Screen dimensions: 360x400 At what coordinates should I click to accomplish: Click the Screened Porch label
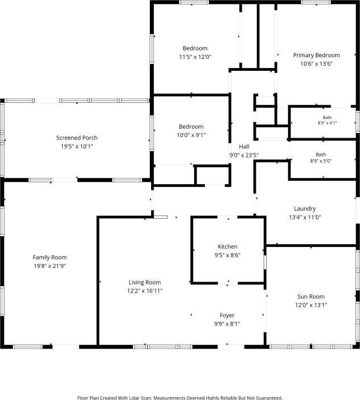(76, 138)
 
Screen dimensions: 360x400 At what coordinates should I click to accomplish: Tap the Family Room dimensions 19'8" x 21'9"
(50, 266)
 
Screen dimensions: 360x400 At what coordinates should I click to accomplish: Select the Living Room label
(145, 282)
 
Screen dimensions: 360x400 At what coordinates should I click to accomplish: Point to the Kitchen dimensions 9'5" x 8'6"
(228, 256)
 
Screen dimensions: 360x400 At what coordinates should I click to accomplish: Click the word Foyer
(227, 316)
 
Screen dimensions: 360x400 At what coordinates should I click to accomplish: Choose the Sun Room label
(311, 297)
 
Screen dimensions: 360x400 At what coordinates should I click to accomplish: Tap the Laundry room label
(305, 208)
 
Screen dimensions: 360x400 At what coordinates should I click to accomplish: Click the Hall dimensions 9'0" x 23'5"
(244, 155)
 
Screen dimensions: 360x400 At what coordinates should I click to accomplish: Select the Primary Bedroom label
(316, 56)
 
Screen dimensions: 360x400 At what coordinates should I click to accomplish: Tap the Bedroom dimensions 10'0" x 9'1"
(191, 135)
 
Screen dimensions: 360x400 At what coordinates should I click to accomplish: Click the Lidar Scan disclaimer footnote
(180, 398)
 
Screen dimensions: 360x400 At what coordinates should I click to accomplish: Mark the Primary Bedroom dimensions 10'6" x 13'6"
(316, 64)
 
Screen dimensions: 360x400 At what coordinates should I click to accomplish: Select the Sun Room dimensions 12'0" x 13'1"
(311, 305)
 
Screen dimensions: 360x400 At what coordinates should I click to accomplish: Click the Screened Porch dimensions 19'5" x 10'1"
(76, 146)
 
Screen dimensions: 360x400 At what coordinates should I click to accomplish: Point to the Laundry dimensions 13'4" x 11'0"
(305, 218)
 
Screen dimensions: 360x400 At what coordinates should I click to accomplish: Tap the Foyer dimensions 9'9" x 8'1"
(227, 324)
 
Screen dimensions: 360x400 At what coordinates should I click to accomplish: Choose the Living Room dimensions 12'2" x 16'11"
(145, 291)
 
